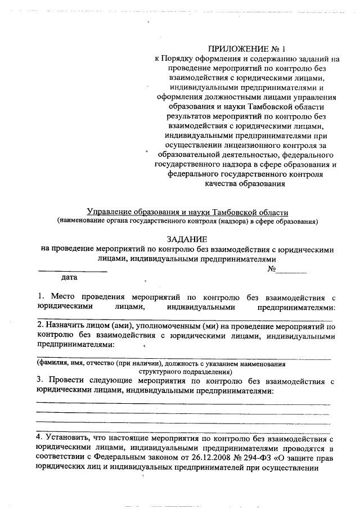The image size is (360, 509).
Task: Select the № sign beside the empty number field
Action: click(271, 269)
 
